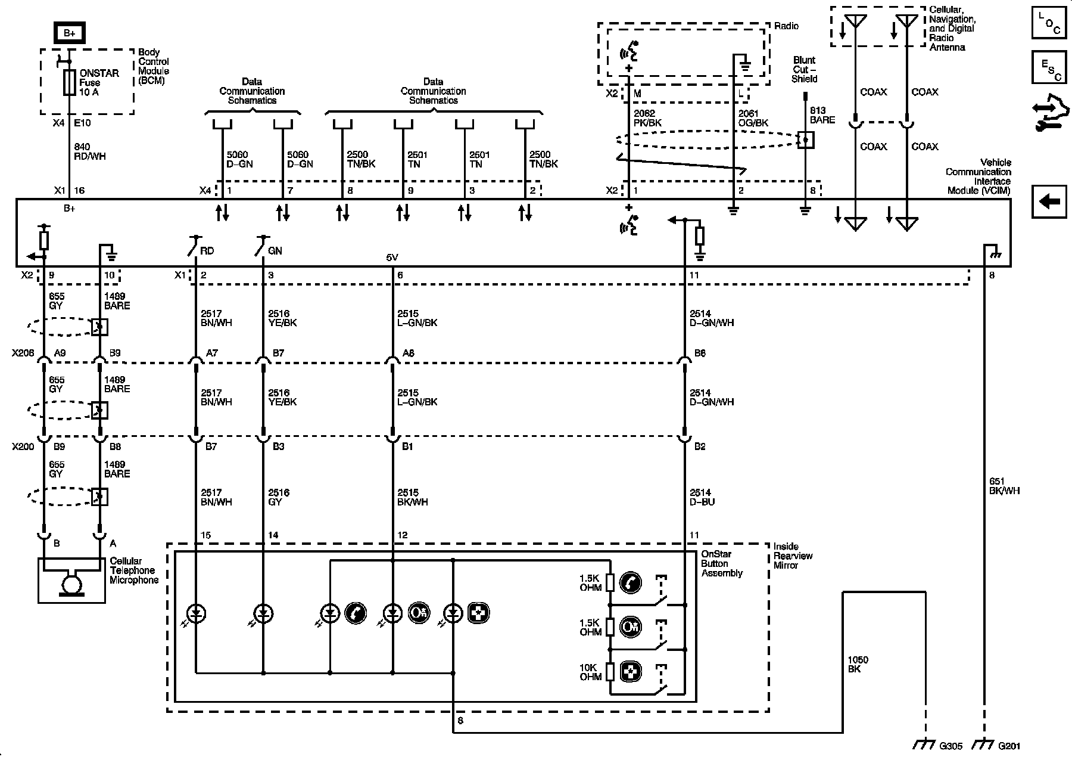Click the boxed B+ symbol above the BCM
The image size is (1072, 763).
coord(68,32)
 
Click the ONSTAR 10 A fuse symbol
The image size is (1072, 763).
coord(69,82)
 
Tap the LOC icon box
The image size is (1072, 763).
coord(1049,23)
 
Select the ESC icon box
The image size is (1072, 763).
coord(1049,67)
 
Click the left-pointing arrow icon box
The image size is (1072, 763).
coord(1049,201)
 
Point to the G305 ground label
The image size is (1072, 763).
coord(950,746)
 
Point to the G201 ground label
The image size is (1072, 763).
coord(1008,746)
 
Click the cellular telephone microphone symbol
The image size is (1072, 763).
coord(71,581)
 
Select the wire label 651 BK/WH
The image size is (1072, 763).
coord(1004,486)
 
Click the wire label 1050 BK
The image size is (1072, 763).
coord(858,664)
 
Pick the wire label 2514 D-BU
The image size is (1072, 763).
coord(703,497)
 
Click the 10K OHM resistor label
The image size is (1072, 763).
coord(591,672)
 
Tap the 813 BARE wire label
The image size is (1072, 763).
coord(822,115)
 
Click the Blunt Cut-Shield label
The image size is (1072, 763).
coord(804,69)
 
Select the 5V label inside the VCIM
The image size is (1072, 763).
coord(392,258)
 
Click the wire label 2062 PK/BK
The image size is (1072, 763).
coord(647,118)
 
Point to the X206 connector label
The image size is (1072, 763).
coord(23,353)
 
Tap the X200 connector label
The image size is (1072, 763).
coord(23,446)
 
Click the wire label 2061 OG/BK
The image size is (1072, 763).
coord(753,118)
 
